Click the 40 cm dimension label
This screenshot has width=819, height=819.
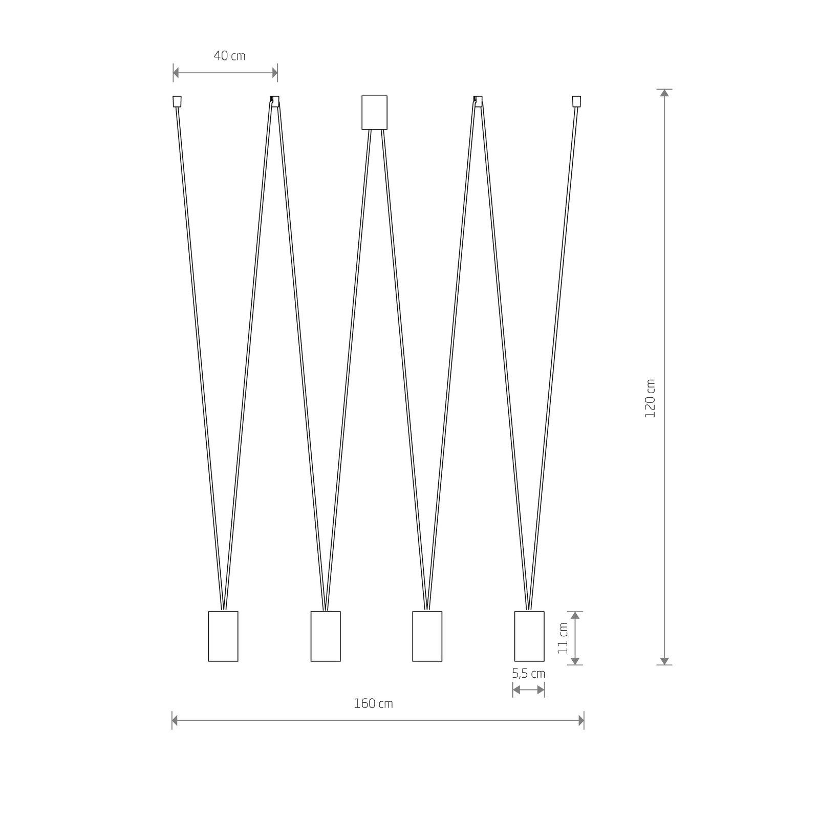(229, 55)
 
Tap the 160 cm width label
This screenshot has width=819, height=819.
(374, 703)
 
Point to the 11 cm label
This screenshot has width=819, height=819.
(563, 638)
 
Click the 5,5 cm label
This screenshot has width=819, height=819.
(529, 674)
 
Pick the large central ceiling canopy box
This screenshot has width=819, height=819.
(374, 113)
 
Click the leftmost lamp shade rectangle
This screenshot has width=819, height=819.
(223, 636)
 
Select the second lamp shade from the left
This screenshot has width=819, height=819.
(326, 636)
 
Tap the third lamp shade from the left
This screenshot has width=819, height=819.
(427, 636)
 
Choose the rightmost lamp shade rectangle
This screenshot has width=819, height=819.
(529, 636)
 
